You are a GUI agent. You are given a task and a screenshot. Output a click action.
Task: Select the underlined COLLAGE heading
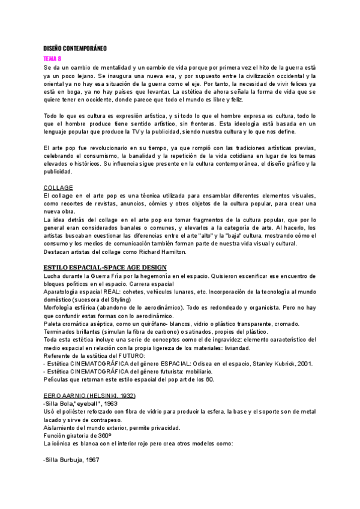(x=58, y=187)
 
